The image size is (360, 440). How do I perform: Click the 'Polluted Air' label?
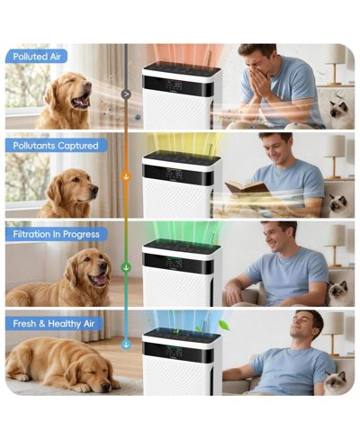click(x=37, y=57)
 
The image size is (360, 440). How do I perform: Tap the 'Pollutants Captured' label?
click(x=56, y=146)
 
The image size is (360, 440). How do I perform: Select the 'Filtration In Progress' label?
click(x=56, y=234)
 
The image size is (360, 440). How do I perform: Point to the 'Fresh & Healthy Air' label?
click(x=54, y=324)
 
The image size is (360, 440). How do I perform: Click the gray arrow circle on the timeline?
click(x=126, y=94)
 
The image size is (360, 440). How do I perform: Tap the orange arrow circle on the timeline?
click(x=126, y=176)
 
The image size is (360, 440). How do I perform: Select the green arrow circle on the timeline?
click(x=126, y=267)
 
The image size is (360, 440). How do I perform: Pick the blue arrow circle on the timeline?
click(x=126, y=345)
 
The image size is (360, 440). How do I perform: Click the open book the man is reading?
click(x=247, y=188)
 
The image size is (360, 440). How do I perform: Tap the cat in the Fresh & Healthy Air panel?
click(x=336, y=382)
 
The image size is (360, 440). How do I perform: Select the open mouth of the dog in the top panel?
click(x=81, y=102)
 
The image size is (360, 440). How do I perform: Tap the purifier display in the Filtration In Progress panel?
click(x=178, y=263)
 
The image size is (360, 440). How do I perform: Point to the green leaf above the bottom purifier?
click(x=224, y=325)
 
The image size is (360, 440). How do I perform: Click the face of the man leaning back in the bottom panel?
click(x=303, y=326)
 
